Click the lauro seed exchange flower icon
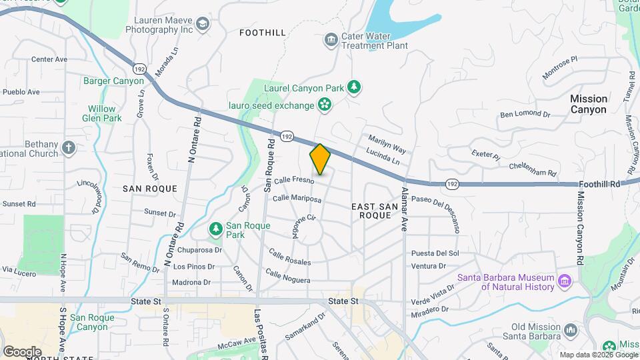pos(324,105)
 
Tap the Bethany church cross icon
pos(68,147)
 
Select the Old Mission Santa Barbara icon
pos(570,331)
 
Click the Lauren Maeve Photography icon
pos(203,26)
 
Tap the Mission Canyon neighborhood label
pos(588,104)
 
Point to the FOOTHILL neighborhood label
pos(263,33)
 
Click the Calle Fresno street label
pos(293,180)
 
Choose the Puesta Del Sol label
pos(435,253)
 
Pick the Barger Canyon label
pos(113,81)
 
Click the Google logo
pos(22,351)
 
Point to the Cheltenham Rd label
pos(532,169)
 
